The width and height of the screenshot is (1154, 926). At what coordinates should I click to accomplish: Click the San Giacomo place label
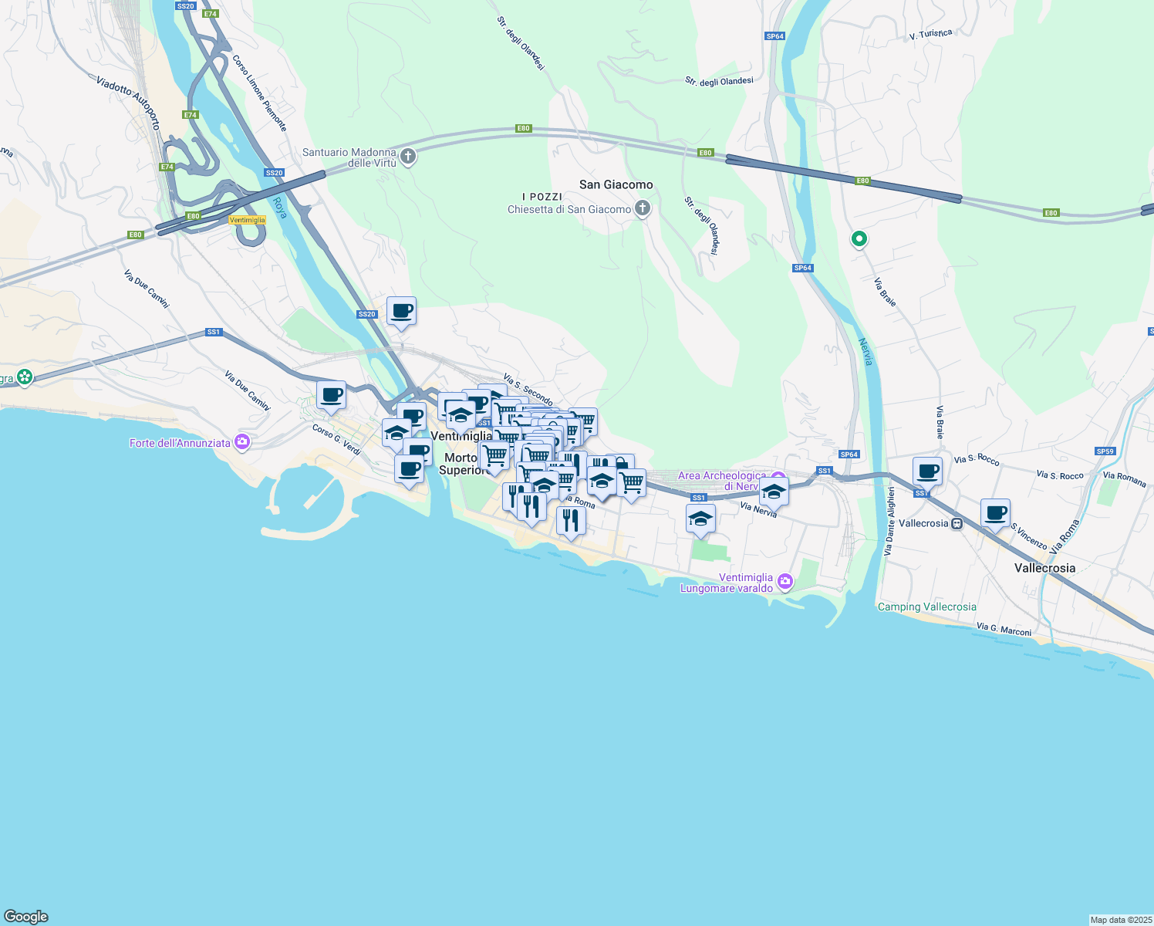[x=616, y=184]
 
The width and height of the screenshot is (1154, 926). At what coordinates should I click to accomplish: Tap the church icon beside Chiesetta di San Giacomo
[x=642, y=208]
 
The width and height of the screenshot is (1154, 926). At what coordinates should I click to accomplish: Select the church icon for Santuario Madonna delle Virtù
[x=409, y=157]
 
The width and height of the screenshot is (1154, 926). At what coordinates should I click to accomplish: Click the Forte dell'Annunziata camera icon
[x=243, y=442]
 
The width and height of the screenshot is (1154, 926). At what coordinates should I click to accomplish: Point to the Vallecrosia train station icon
[x=957, y=523]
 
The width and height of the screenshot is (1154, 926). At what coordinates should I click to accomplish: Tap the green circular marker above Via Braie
[x=859, y=239]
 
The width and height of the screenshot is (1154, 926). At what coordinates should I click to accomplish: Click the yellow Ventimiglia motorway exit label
[x=248, y=220]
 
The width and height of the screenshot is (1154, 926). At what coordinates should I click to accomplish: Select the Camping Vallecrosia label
[x=926, y=607]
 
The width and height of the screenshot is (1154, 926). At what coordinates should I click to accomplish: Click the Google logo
[x=26, y=917]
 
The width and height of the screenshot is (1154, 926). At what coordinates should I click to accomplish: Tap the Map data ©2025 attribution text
[x=1121, y=920]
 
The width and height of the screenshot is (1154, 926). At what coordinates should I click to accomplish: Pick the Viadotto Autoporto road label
[x=128, y=101]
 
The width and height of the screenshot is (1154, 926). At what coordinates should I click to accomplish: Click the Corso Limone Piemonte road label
[x=260, y=93]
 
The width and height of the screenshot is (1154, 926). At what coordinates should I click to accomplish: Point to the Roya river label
[x=279, y=208]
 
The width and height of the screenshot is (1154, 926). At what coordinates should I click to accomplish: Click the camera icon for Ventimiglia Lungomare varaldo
[x=785, y=582]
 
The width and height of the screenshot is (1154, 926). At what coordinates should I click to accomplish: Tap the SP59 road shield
[x=1105, y=451]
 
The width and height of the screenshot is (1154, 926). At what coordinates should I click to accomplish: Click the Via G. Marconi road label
[x=1004, y=630]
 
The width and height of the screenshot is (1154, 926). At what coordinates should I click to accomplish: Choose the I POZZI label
[x=542, y=197]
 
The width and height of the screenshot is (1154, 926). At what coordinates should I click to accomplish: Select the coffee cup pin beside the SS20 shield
[x=401, y=312]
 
